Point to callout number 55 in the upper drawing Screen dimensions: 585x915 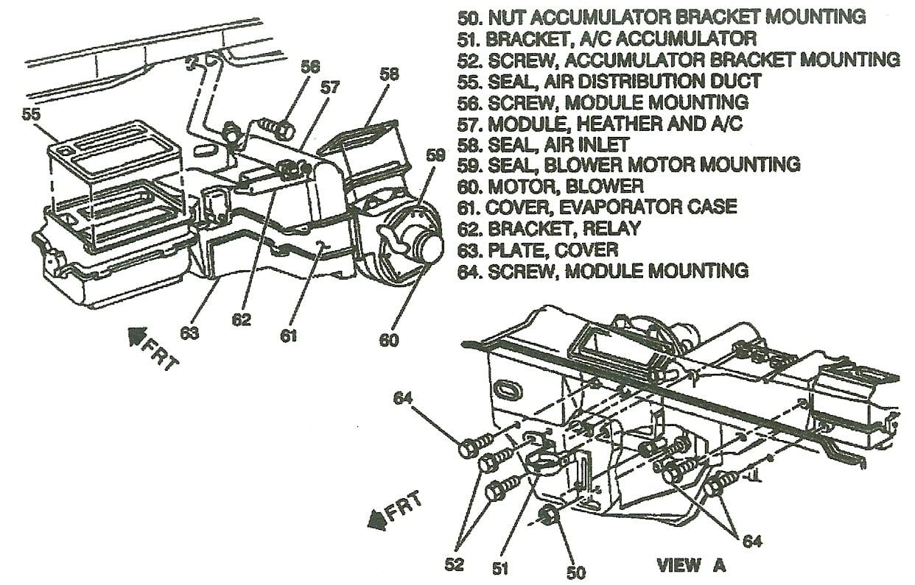(x=31, y=115)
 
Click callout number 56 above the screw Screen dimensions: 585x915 (x=310, y=66)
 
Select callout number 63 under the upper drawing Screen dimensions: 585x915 (x=189, y=333)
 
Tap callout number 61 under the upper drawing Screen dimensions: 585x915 (x=288, y=335)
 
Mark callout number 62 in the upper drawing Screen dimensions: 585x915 (x=241, y=319)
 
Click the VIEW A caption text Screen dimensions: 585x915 (x=690, y=565)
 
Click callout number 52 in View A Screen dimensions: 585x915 (x=455, y=564)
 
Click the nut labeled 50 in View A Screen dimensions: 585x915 (x=549, y=516)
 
